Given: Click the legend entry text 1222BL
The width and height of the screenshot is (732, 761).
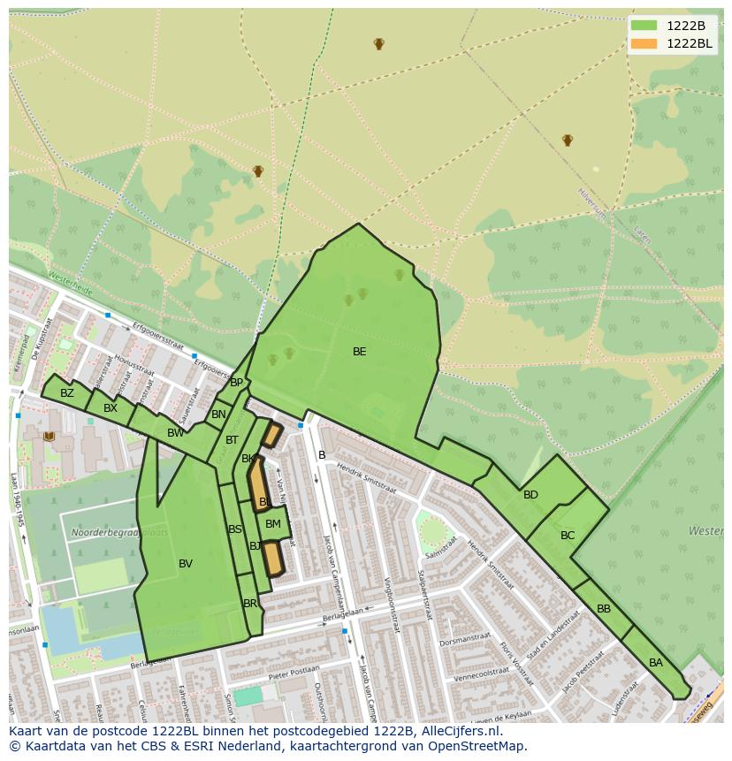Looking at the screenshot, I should point(689,43).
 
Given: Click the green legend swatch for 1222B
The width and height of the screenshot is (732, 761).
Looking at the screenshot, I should point(644,26).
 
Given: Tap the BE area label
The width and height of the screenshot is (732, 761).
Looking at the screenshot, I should point(359,352).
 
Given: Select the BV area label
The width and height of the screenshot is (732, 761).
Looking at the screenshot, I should point(186,564).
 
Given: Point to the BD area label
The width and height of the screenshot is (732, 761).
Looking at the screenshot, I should point(530,495).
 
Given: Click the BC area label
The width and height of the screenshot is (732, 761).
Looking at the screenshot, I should point(568,536).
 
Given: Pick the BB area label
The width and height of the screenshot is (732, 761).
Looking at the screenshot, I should point(604,609).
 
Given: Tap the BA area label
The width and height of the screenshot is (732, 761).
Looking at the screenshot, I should point(656,663).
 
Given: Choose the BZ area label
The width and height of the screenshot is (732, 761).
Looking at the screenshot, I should point(67,393).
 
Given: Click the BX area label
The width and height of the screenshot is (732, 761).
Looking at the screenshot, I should point(111,408).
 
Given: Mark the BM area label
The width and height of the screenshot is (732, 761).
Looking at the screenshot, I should point(273,524).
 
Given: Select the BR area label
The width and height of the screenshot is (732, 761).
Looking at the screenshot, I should point(250,604).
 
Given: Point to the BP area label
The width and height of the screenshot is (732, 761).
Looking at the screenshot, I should point(236,383).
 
